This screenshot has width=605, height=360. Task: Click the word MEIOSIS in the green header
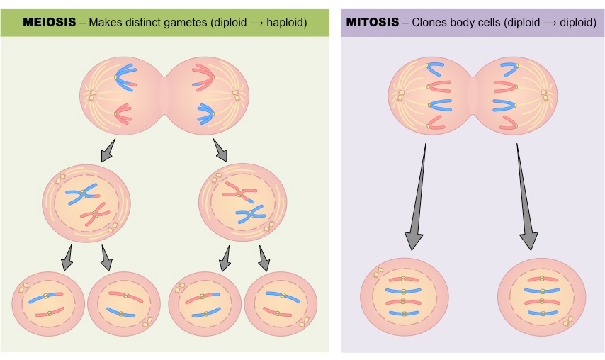click(49, 22)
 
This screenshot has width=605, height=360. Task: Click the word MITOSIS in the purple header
click(371, 22)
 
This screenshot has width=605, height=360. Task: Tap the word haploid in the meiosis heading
click(284, 22)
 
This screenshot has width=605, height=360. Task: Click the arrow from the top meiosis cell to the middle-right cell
click(220, 150)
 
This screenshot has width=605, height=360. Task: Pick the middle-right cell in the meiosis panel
click(242, 202)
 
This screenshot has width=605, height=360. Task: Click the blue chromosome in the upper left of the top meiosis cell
click(128, 77)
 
